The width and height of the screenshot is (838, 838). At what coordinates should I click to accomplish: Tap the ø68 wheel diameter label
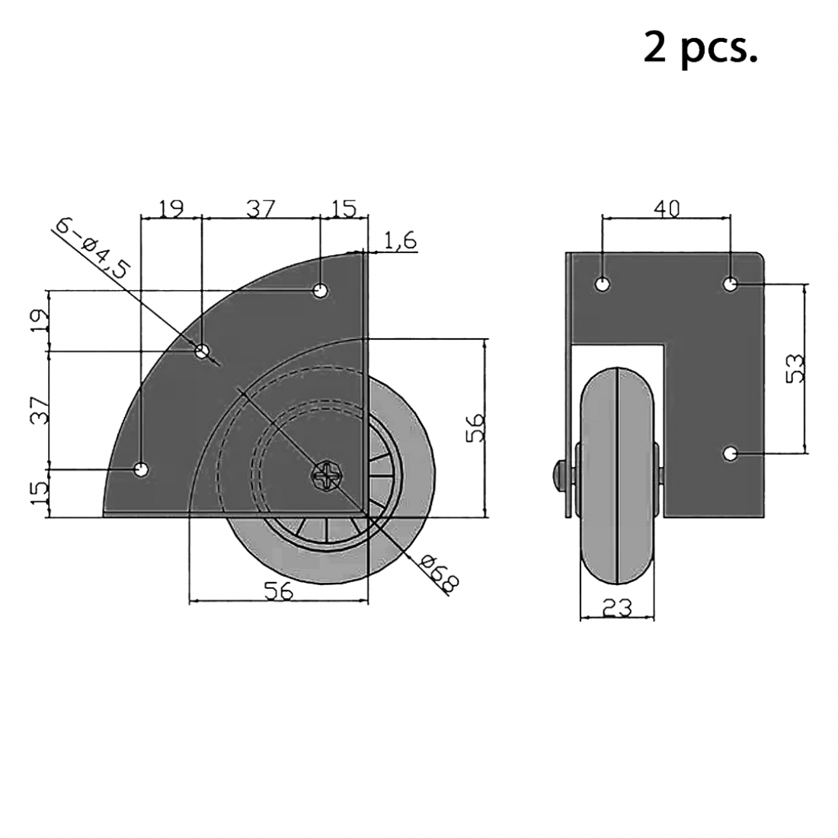click(440, 574)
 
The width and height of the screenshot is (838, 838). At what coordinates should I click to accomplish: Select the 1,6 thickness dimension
click(400, 241)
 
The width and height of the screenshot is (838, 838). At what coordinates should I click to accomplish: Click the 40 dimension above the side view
click(666, 207)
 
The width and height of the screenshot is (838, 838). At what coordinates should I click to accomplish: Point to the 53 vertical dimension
click(794, 368)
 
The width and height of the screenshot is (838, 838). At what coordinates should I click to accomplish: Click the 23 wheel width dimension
click(616, 607)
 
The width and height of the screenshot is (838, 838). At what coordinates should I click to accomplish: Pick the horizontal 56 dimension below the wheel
click(278, 591)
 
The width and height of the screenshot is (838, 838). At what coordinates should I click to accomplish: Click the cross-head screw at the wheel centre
click(328, 477)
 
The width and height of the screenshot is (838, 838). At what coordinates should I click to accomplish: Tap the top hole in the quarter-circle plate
click(321, 290)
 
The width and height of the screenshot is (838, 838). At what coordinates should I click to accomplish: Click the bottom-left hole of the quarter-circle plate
click(141, 469)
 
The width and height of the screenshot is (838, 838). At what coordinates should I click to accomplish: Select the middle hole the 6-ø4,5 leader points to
click(202, 351)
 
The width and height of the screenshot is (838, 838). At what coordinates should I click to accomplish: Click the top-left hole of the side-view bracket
click(602, 285)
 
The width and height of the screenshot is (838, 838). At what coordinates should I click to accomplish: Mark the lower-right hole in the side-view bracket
click(730, 454)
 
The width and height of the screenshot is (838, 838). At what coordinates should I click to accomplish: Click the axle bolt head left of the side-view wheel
click(558, 476)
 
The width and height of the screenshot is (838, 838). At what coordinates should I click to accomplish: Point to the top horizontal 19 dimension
click(171, 209)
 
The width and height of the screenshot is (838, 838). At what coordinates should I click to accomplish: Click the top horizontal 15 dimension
click(344, 209)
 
